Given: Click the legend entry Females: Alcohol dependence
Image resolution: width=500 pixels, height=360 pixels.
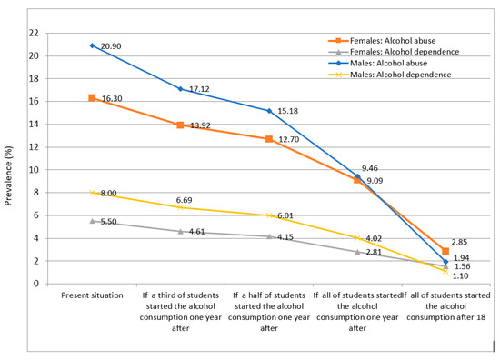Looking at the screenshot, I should [405, 53].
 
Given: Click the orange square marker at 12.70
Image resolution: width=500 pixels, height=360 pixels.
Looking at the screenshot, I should [268, 139].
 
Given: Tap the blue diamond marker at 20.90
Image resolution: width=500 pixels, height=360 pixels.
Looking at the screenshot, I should [92, 45].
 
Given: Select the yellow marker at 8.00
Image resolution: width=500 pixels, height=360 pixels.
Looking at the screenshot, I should [92, 193].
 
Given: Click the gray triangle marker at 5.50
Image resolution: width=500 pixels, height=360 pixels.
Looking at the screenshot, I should [92, 221].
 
